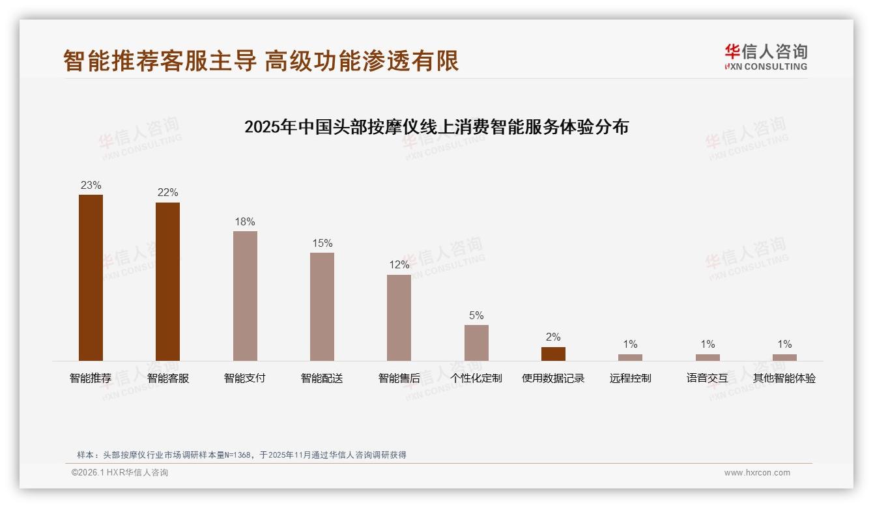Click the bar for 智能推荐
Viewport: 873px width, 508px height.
click(91, 277)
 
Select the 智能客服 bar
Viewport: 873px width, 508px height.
click(167, 281)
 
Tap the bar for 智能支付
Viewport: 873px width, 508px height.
click(245, 296)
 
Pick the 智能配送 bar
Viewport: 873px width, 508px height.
click(322, 307)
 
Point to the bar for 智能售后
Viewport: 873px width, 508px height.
click(399, 318)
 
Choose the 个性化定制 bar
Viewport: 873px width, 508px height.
click(476, 343)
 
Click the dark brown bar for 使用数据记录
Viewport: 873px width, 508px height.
click(553, 354)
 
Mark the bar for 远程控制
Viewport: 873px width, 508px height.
click(630, 358)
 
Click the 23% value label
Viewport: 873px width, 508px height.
click(91, 185)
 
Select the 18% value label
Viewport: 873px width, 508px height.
click(245, 221)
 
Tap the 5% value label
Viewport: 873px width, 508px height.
click(476, 315)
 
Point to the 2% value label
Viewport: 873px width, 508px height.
click(553, 337)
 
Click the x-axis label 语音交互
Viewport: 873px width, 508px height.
click(707, 378)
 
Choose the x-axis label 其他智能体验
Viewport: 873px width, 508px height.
click(784, 378)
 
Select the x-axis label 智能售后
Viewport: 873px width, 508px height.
click(399, 378)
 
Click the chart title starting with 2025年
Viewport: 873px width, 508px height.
click(436, 127)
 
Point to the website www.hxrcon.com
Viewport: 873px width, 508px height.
click(757, 473)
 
